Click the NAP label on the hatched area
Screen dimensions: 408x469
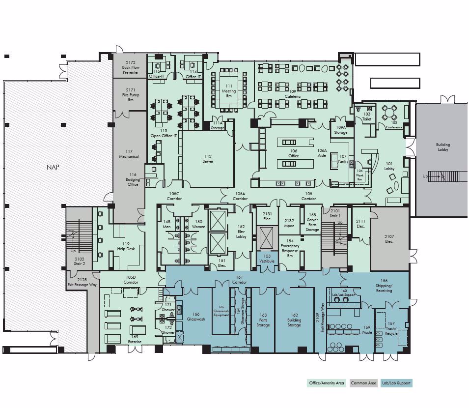point(53,167)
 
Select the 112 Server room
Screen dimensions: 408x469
point(208,159)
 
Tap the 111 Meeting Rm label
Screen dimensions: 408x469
point(229,91)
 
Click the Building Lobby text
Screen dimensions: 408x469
point(442,147)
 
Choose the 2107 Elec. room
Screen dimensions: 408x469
point(389,239)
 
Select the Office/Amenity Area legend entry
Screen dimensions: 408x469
point(326,383)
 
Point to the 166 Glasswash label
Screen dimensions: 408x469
point(196,317)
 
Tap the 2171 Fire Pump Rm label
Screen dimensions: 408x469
point(130,94)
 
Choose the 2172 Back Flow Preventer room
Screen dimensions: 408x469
point(130,67)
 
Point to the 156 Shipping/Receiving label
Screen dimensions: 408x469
point(384,286)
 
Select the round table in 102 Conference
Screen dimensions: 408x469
point(390,113)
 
